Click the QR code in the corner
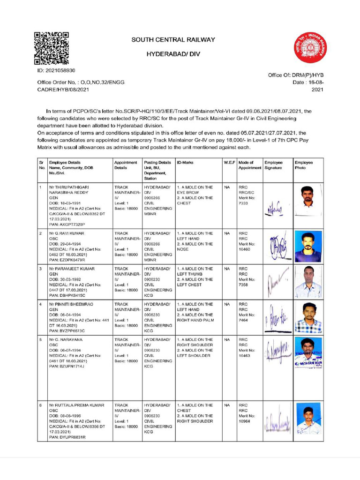point(52,48)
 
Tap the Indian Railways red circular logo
point(310,48)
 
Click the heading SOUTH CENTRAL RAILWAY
point(173,40)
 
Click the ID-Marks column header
point(186,162)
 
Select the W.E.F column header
point(229,162)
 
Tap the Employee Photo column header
point(304,165)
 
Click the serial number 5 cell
point(41,339)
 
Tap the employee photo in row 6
point(308,421)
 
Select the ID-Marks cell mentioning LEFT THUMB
point(195,277)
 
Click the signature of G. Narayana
point(277,351)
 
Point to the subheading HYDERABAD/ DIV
point(173,54)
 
